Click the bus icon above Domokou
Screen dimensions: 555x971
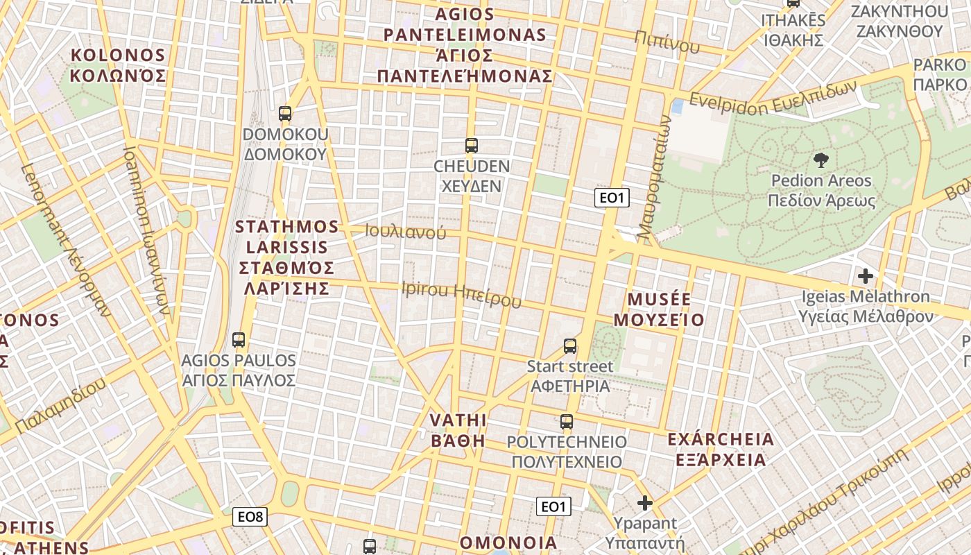point(285,114)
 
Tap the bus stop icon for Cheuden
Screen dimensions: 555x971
point(472,146)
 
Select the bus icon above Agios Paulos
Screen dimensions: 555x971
point(239,340)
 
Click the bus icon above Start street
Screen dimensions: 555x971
point(570,345)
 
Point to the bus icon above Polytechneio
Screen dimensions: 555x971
point(567,421)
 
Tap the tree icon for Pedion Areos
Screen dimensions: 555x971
point(821,160)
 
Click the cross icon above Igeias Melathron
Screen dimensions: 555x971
point(865,276)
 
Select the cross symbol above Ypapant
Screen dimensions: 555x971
point(645,503)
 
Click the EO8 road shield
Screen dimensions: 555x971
point(250,516)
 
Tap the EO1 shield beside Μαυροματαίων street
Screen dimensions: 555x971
point(612,198)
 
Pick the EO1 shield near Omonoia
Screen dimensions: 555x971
point(553,506)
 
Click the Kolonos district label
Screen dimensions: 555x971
point(119,65)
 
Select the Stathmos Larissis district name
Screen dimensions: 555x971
point(286,257)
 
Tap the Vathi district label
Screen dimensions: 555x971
point(458,430)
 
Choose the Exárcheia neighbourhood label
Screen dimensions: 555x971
point(721,449)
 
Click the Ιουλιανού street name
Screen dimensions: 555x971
point(406,232)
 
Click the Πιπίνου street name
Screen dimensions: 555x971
point(667,43)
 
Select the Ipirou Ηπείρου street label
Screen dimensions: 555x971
point(461,294)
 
